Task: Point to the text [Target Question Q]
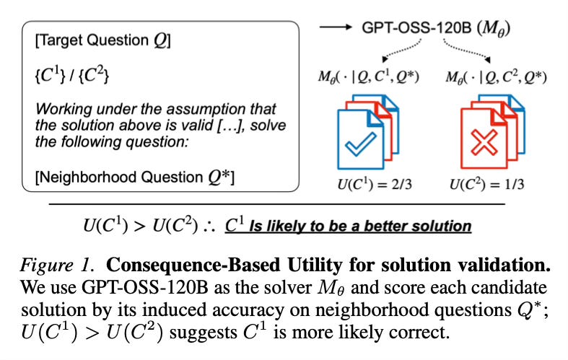pos(102,41)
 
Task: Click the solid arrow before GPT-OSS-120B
pos(336,29)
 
